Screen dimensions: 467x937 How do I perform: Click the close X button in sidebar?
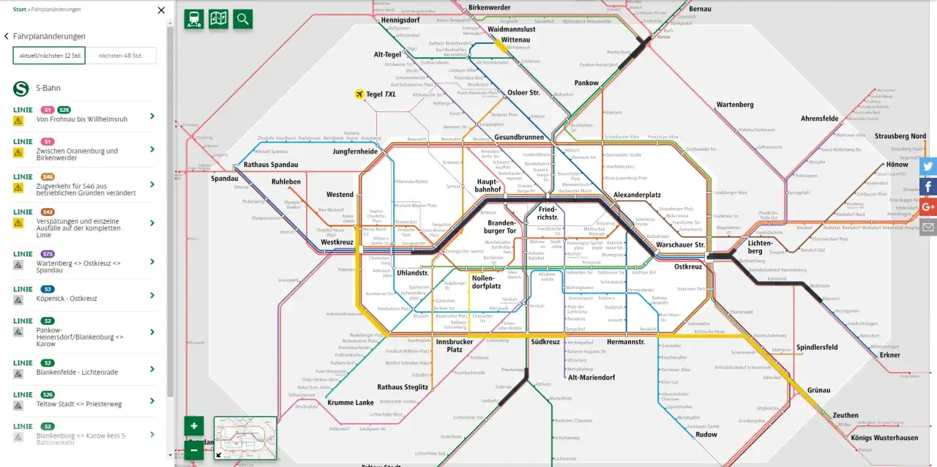tap(162, 10)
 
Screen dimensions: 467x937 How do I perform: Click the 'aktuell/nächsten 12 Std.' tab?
tap(49, 56)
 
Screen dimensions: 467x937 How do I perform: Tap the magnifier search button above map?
tap(243, 19)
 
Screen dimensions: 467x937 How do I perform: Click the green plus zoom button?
tap(193, 426)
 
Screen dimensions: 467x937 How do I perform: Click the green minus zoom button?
tap(193, 449)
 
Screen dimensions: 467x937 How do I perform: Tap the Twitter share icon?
tap(928, 166)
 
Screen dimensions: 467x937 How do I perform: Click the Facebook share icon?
tap(928, 187)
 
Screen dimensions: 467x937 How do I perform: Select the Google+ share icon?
tap(928, 207)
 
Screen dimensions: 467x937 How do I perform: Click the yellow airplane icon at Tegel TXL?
tap(359, 94)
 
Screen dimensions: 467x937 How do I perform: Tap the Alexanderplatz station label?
tap(637, 195)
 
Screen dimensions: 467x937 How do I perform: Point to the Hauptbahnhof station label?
tap(488, 185)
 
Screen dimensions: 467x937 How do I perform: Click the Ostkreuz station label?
tap(687, 266)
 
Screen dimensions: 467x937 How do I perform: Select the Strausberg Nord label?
tap(900, 136)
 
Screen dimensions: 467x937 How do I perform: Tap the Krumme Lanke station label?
tap(351, 403)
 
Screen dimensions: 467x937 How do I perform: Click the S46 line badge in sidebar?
tap(48, 176)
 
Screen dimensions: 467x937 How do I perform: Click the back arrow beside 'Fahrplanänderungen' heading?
tap(7, 37)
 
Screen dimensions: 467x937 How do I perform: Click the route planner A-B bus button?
tap(194, 19)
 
